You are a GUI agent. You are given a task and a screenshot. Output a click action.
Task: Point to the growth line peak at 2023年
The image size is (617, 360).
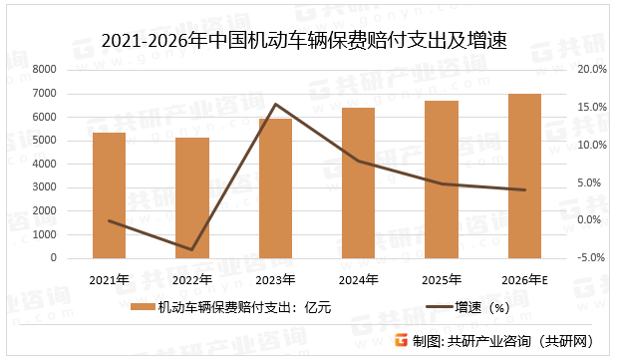[275, 104]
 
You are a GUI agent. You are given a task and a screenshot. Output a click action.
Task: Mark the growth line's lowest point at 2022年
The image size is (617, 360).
[192, 249]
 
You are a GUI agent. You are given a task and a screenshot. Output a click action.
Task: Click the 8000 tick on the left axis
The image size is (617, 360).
[43, 70]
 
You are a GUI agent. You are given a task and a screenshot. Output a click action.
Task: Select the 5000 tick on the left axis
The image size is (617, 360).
[43, 141]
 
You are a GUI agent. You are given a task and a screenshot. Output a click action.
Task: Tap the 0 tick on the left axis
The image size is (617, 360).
[52, 258]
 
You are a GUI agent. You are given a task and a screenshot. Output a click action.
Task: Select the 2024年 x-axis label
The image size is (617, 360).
[358, 279]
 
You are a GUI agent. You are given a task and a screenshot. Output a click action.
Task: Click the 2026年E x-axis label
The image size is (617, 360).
[524, 279]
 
